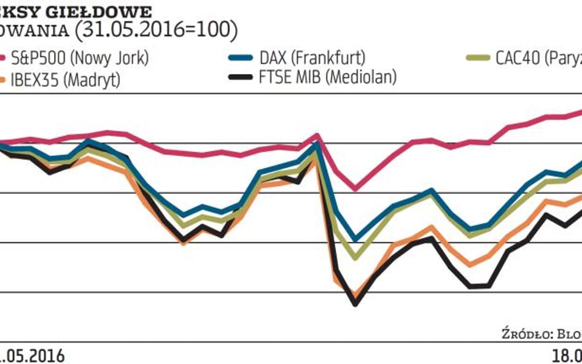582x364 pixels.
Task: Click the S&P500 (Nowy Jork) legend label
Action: tap(80, 60)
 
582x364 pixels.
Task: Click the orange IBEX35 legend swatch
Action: tap(3, 79)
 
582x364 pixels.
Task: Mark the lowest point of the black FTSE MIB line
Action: tap(355, 302)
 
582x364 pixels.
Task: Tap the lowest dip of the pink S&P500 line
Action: tap(355, 189)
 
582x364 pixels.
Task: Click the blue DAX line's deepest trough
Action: tap(355, 239)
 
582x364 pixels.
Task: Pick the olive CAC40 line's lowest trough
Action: tap(355, 257)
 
